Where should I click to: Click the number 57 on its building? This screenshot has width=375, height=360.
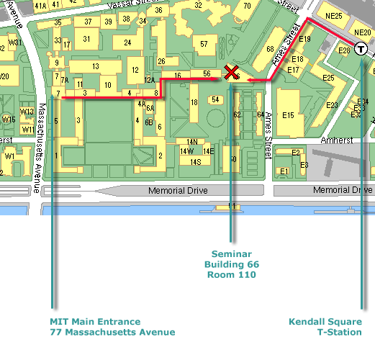point(204,45)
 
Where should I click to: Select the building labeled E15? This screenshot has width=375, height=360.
point(289,114)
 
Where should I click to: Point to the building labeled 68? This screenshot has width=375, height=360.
point(270,50)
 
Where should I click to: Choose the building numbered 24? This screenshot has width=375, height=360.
point(127,42)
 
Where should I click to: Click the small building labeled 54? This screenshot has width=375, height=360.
point(215,99)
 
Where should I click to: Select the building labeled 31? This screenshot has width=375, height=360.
point(87,39)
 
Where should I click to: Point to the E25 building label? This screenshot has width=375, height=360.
point(328,78)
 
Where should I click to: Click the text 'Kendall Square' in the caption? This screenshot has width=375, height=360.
point(326,321)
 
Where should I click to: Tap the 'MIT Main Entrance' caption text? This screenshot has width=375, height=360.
point(95,321)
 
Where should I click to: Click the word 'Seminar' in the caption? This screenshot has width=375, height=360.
point(232,254)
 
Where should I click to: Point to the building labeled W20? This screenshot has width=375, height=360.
point(4,76)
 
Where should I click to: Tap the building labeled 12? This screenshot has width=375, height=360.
point(135,70)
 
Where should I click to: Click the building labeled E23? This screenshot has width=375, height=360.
point(332,105)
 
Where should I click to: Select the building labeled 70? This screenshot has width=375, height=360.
point(247,6)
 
